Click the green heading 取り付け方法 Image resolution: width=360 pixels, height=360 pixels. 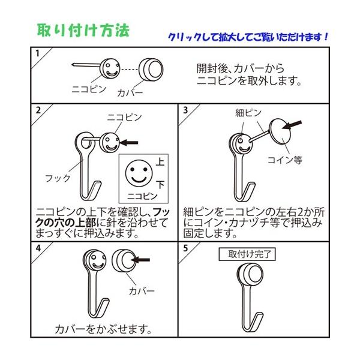pyautogui.click(x=83, y=31)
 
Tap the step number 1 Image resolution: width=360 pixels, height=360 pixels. pyautogui.click(x=37, y=53)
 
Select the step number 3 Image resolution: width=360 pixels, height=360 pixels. pyautogui.click(x=185, y=110)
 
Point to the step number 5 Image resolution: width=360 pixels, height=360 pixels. pyautogui.click(x=185, y=248)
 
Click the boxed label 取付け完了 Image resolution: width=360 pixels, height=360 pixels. pyautogui.click(x=247, y=254)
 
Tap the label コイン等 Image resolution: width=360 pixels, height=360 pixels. pyautogui.click(x=284, y=160)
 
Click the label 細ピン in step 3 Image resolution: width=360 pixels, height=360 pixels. pyautogui.click(x=248, y=113)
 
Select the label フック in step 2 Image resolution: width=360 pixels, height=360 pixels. pyautogui.click(x=58, y=178)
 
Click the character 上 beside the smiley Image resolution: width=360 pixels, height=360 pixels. pyautogui.click(x=160, y=161)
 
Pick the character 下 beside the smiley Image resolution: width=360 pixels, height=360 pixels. pyautogui.click(x=160, y=184)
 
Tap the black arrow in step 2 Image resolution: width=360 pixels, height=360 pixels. pyautogui.click(x=129, y=143)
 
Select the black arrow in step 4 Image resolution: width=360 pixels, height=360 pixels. pyautogui.click(x=140, y=260)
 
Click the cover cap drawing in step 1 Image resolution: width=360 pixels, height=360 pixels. pyautogui.click(x=151, y=69)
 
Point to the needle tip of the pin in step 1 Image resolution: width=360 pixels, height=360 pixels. pyautogui.click(x=72, y=65)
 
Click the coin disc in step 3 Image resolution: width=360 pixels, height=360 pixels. pyautogui.click(x=280, y=131)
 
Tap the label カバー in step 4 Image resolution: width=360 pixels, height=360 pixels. pyautogui.click(x=142, y=291)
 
